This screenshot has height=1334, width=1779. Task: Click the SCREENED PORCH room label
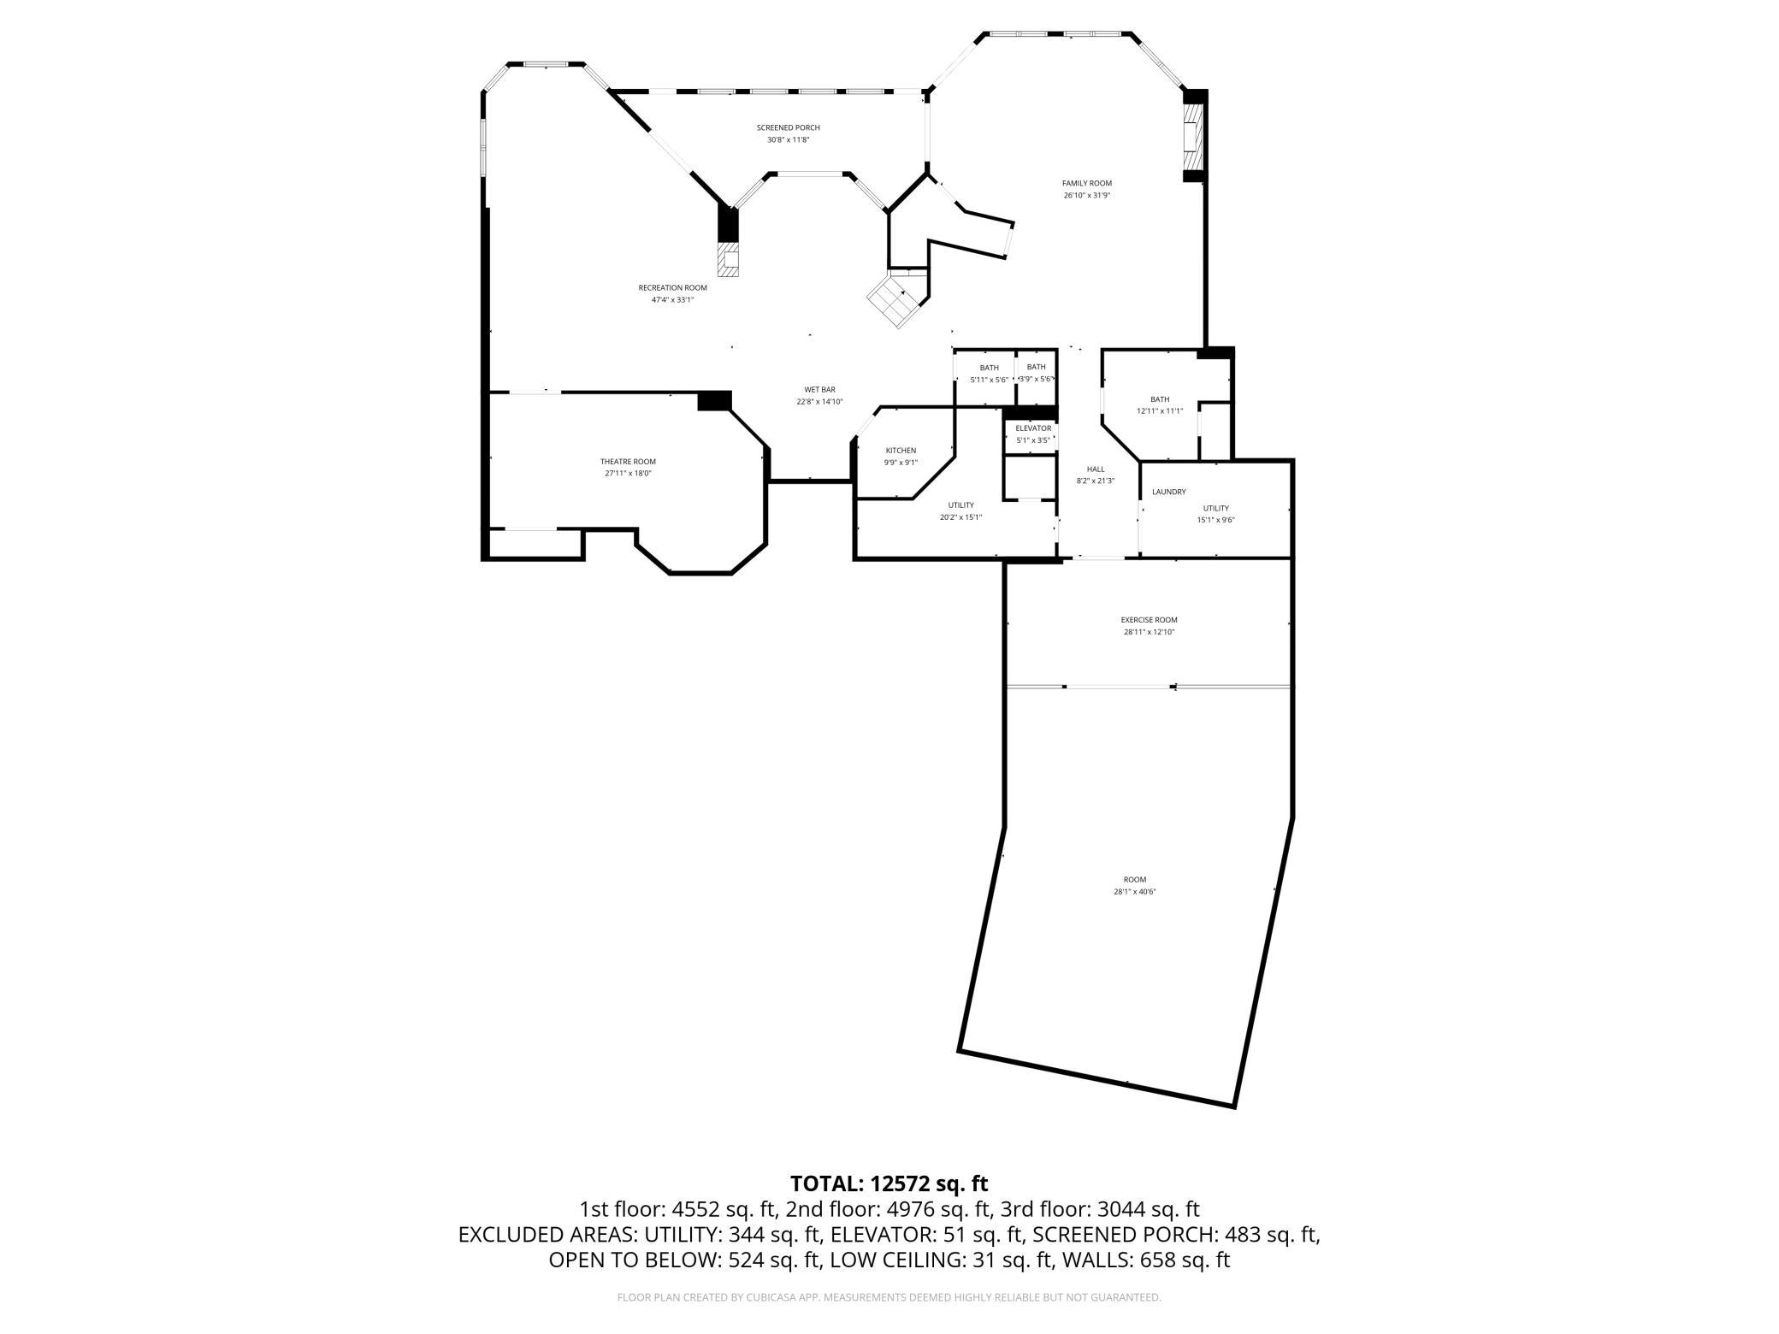point(788,128)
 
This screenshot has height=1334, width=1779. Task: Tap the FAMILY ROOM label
point(1086,183)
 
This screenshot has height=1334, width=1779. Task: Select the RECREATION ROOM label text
point(672,288)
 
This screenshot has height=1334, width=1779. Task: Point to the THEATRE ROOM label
point(628,462)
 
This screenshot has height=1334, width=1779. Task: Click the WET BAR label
point(819,390)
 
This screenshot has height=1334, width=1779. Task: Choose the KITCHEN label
point(901,451)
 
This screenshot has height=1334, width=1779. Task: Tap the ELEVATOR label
point(1032,428)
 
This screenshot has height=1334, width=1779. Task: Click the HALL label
point(1096,469)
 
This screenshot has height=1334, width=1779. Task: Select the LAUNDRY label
point(1168,492)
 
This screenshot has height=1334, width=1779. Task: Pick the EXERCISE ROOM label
point(1149,620)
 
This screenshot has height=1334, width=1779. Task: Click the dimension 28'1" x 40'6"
point(1134,892)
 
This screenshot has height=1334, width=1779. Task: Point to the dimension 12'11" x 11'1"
point(1159,411)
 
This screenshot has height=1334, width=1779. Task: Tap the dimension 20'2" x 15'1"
point(960,517)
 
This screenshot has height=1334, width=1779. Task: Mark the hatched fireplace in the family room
point(1193,134)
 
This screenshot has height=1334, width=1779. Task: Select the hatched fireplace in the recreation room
point(729,260)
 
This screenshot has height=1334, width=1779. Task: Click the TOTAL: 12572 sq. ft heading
point(889,1183)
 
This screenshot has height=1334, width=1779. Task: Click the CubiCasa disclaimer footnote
point(889,1297)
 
